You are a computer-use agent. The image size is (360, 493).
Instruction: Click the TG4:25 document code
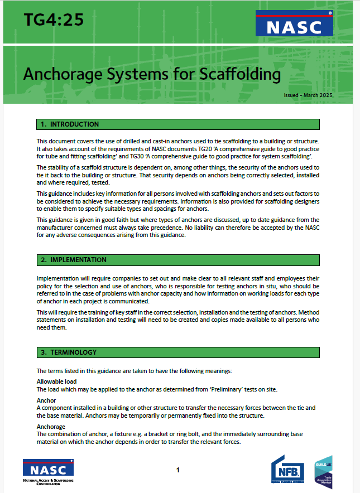click(x=54, y=20)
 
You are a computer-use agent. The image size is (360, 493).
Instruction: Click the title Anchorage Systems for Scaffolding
click(x=152, y=74)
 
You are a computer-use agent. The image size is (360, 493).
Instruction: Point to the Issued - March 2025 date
click(x=316, y=96)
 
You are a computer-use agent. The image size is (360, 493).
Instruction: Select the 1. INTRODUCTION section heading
click(x=69, y=124)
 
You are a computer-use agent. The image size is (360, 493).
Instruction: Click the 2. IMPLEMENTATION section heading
click(x=73, y=260)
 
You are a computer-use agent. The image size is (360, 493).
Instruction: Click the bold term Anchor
click(x=47, y=400)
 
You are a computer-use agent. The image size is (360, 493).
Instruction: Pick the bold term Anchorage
click(x=51, y=427)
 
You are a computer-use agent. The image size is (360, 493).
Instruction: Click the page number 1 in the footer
click(x=177, y=470)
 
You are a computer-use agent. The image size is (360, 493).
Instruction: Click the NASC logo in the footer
click(x=48, y=470)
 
